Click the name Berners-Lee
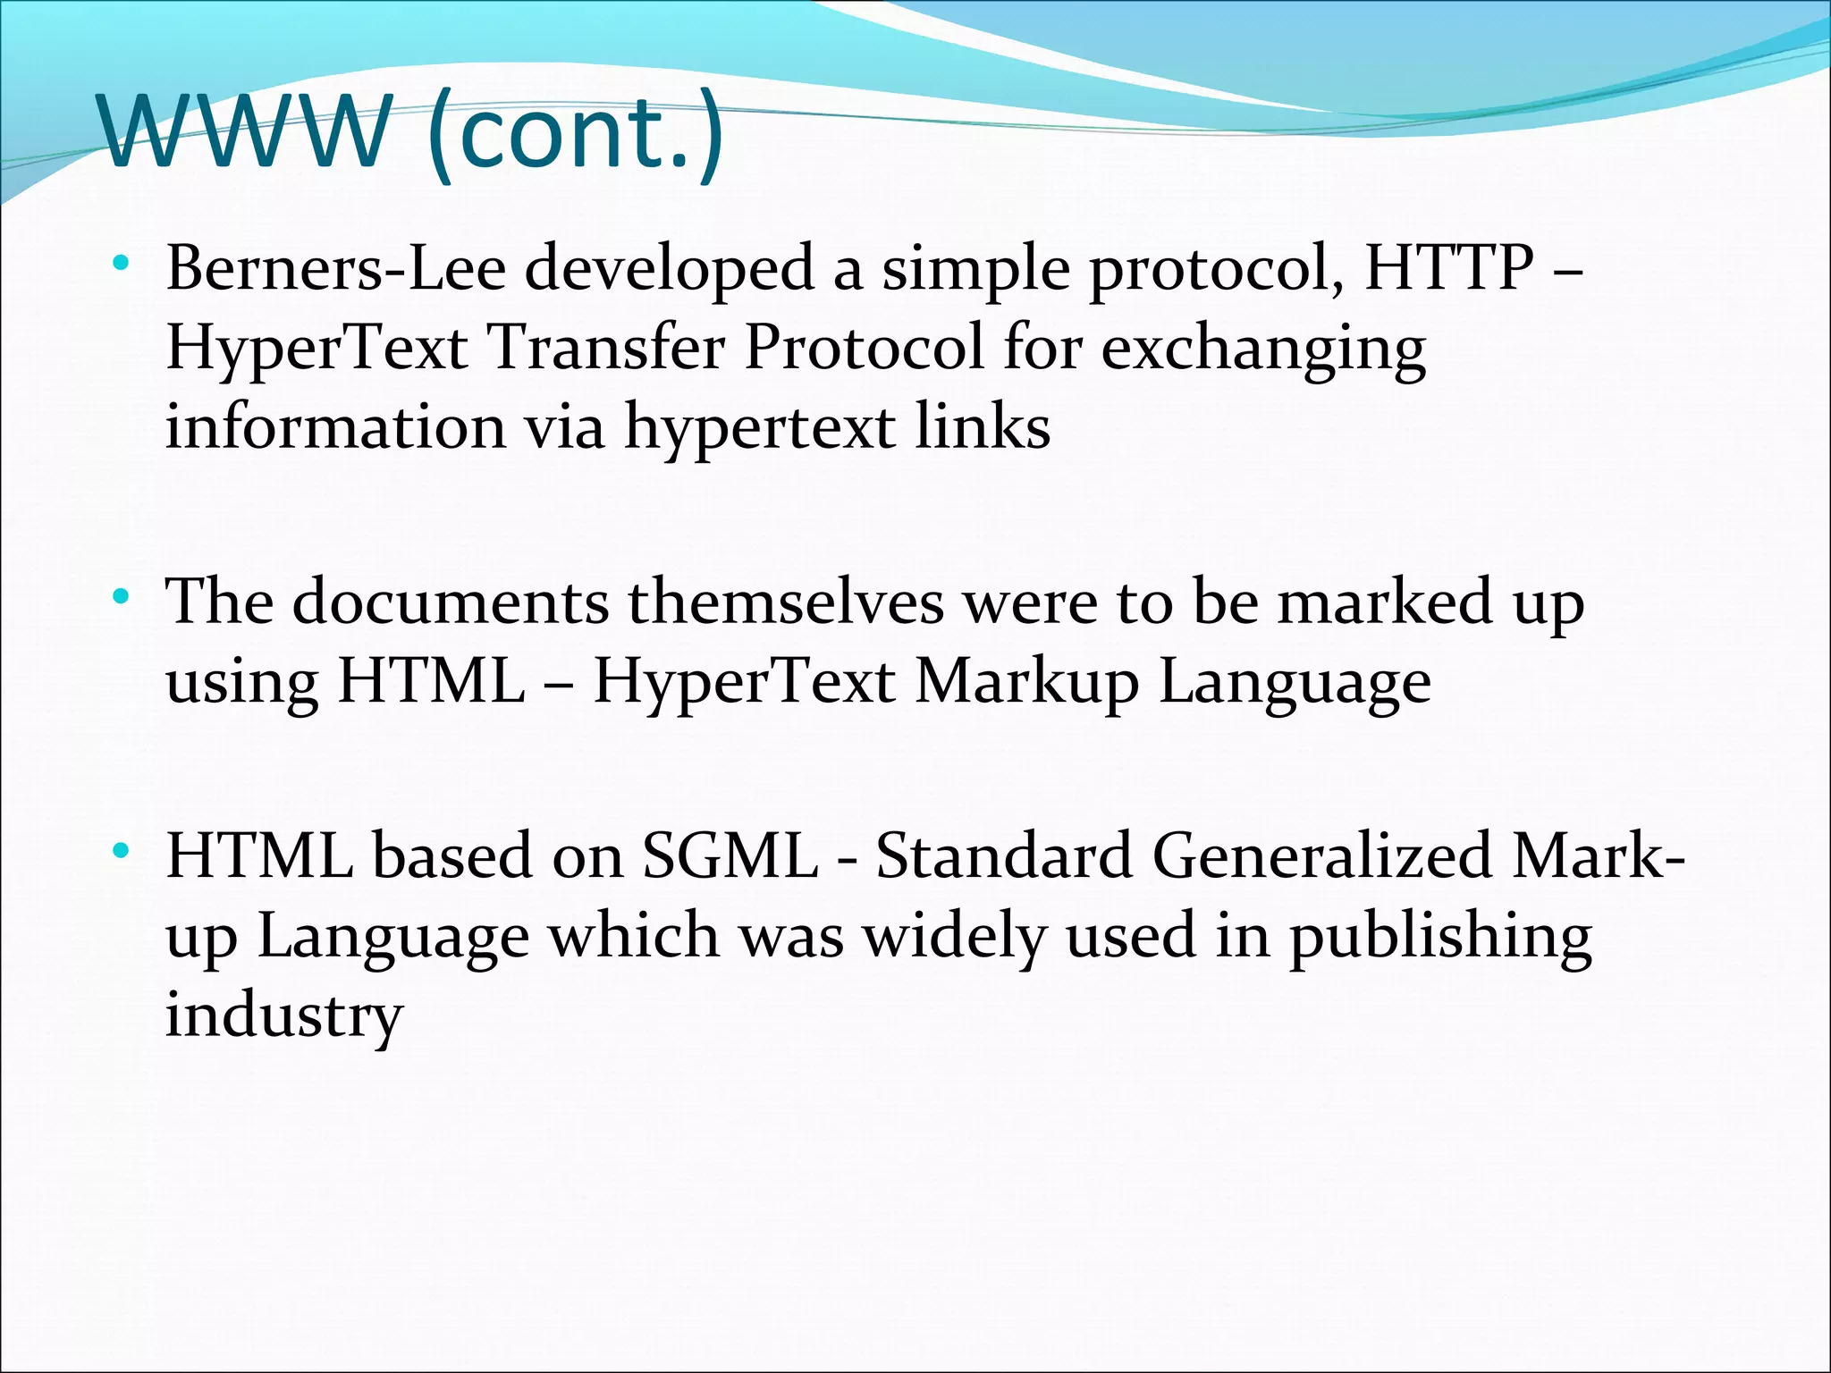(x=335, y=268)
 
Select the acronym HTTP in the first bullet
(x=1449, y=268)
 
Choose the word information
(x=335, y=426)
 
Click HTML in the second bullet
(x=431, y=682)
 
